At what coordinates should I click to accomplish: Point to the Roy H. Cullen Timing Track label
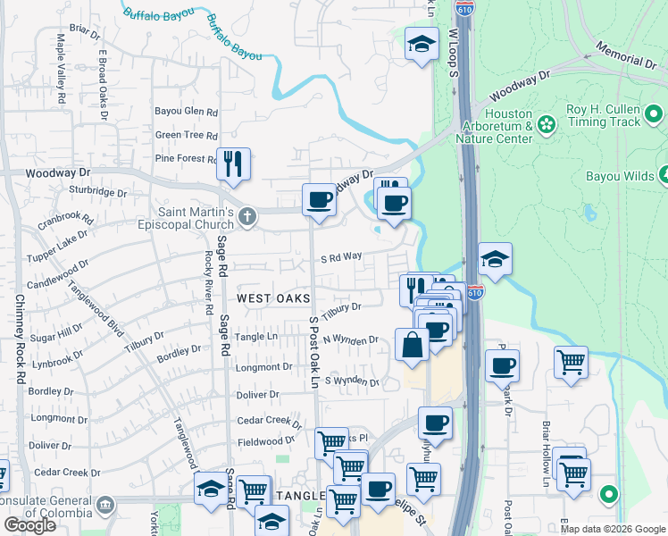[604, 116]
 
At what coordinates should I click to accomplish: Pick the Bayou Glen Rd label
[187, 113]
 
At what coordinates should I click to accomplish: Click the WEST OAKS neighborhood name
[272, 297]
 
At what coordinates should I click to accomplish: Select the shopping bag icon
[412, 345]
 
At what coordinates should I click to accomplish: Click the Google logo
[29, 525]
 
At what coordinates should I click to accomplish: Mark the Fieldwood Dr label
[265, 441]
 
